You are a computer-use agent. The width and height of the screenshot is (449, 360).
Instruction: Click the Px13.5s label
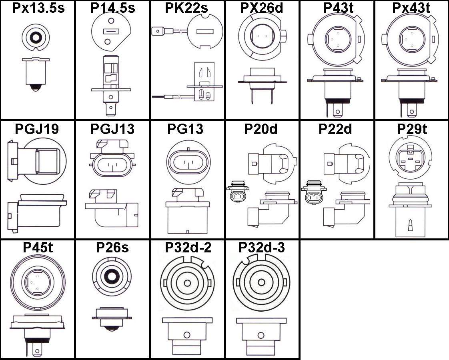pos(38,8)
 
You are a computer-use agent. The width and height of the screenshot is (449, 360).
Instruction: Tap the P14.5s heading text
pos(112,8)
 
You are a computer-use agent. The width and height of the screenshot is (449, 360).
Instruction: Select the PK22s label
pos(187,8)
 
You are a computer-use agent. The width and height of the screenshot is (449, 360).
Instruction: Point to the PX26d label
pos(262,8)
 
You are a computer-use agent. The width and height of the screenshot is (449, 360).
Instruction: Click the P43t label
pos(337,8)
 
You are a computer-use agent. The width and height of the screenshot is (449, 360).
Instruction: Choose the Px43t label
pos(411,8)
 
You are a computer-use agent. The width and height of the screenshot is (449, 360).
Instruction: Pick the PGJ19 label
pos(37,129)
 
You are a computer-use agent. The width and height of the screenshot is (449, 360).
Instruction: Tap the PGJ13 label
pos(112,129)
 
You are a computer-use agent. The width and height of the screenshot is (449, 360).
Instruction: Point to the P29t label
pos(412,129)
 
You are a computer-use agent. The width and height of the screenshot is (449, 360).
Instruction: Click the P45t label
pos(38,248)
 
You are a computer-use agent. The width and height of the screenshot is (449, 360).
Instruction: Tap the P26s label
pos(112,248)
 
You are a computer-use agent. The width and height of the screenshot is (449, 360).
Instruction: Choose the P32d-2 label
pos(187,248)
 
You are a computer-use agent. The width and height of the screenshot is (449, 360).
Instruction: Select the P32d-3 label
pos(262,248)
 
